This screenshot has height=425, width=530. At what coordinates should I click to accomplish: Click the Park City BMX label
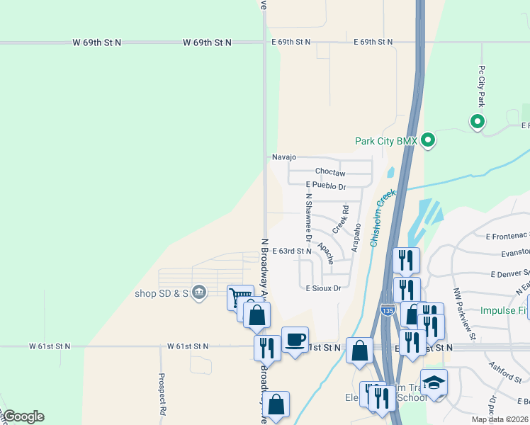(x=385, y=141)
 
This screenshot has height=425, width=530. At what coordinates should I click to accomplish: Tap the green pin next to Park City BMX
(x=427, y=140)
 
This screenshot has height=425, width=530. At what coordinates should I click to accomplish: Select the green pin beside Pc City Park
(x=478, y=122)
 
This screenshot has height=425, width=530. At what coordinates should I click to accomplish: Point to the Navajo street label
(x=283, y=157)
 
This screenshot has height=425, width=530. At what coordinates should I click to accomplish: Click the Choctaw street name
(x=329, y=172)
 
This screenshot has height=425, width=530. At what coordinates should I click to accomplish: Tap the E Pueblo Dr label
(x=325, y=187)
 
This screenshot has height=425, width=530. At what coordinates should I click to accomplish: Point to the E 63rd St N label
(x=292, y=251)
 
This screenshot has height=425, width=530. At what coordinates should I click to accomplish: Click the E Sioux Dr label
(x=323, y=288)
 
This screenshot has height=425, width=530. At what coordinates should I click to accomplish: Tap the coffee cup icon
(x=295, y=339)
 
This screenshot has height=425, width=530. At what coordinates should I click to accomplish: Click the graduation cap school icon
(x=434, y=382)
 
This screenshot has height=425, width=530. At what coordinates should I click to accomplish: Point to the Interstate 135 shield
(x=387, y=310)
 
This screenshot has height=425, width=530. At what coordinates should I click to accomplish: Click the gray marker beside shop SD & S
(x=199, y=291)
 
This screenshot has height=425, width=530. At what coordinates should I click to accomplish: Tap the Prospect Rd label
(x=162, y=403)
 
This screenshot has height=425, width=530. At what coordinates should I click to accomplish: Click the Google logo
(x=23, y=416)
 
